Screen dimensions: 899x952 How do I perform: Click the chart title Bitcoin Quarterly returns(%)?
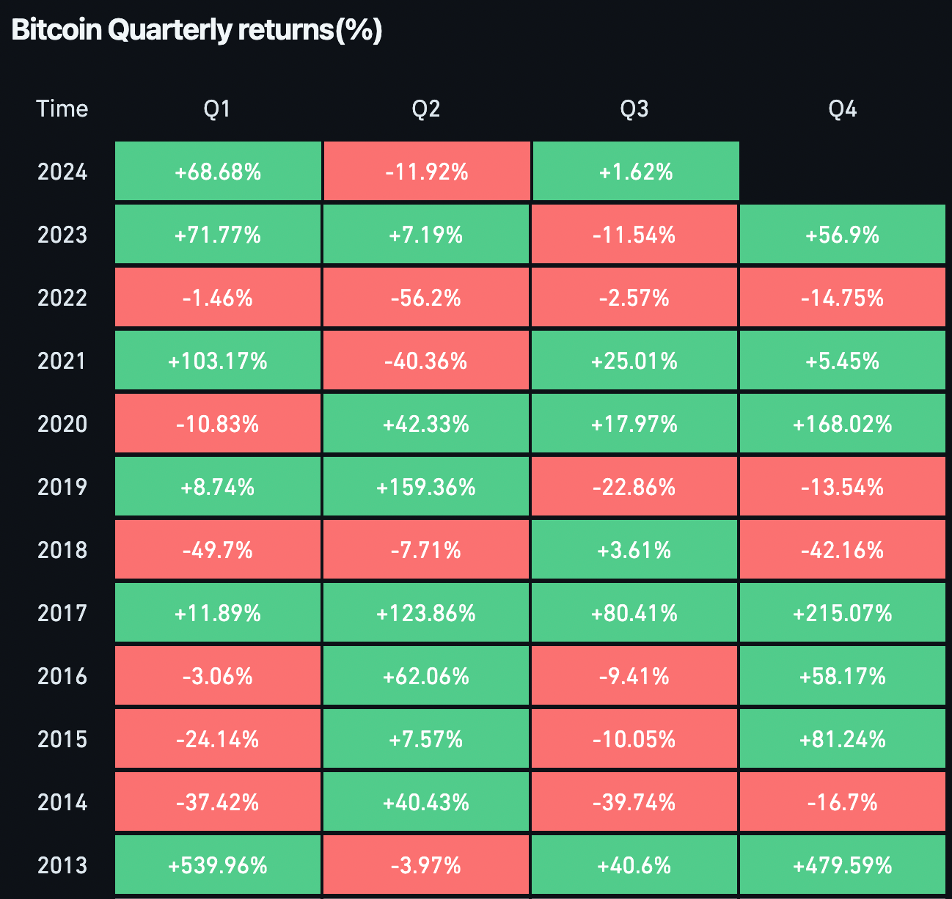click(x=197, y=31)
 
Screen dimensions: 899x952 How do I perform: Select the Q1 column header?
click(x=217, y=109)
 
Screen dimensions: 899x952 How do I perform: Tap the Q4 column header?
click(x=842, y=109)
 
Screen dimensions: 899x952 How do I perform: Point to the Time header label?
click(x=62, y=109)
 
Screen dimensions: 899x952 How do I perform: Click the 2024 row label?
click(x=62, y=172)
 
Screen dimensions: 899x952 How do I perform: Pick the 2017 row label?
click(x=62, y=613)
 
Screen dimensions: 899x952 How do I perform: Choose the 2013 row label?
click(x=62, y=865)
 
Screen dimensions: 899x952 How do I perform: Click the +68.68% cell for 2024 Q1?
click(x=218, y=172)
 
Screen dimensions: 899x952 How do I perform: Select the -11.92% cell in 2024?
click(x=426, y=172)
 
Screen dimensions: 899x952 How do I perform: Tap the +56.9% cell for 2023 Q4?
click(x=842, y=235)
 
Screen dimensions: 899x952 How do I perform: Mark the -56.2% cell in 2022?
click(x=426, y=298)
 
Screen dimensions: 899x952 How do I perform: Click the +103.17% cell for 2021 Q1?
click(x=218, y=361)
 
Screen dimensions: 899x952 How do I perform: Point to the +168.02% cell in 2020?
click(x=842, y=424)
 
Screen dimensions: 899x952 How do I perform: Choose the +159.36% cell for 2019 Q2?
click(x=426, y=487)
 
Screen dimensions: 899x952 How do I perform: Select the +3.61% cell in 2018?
click(x=634, y=550)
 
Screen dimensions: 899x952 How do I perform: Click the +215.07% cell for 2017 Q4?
click(x=842, y=613)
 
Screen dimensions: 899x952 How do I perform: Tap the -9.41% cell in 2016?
click(x=634, y=676)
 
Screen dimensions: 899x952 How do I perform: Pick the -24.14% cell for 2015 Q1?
click(x=218, y=739)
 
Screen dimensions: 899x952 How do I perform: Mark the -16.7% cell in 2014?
click(x=842, y=802)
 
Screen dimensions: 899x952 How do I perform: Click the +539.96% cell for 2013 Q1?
click(x=218, y=865)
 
